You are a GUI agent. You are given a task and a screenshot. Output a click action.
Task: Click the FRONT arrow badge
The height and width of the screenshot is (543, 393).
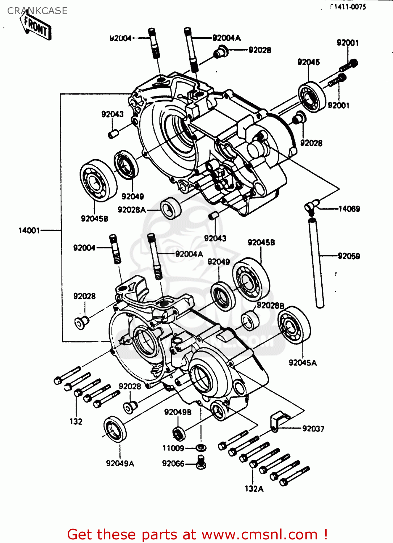point(36,26)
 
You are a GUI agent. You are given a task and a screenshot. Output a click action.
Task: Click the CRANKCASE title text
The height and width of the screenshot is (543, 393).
point(37,11)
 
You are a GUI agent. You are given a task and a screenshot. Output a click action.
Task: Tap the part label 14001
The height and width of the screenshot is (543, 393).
point(29,230)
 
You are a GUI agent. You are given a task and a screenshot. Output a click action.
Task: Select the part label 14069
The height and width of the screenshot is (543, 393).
point(349,209)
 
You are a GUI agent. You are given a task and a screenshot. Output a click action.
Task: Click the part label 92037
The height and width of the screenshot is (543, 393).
point(313,429)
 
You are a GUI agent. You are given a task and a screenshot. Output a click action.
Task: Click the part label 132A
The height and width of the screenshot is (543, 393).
point(254,489)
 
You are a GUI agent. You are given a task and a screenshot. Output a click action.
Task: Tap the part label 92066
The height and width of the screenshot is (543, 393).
point(173,464)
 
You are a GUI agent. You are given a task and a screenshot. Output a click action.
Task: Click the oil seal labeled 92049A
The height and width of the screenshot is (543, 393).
point(115,429)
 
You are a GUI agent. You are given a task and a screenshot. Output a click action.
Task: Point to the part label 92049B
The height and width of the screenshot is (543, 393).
point(178,412)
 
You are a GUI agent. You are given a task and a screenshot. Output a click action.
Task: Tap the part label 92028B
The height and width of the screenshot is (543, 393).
point(270,306)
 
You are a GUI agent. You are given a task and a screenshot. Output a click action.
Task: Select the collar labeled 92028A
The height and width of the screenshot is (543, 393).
point(170,209)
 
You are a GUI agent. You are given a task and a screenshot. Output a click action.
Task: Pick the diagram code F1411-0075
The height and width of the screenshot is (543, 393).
point(348,7)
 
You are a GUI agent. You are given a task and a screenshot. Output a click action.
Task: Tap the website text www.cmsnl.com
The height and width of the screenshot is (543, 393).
point(259,534)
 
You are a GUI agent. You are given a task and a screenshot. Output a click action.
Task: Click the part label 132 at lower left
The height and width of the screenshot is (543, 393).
point(76,421)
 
